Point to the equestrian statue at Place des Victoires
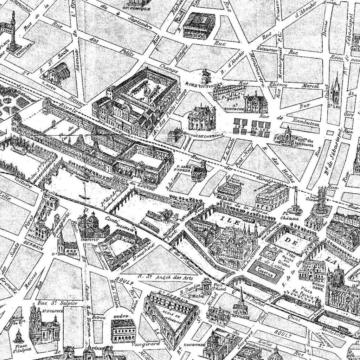click(206, 76)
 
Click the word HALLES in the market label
click(260, 134)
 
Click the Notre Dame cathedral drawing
click(339, 288)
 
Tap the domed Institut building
click(92, 225)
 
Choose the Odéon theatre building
click(123, 330)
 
